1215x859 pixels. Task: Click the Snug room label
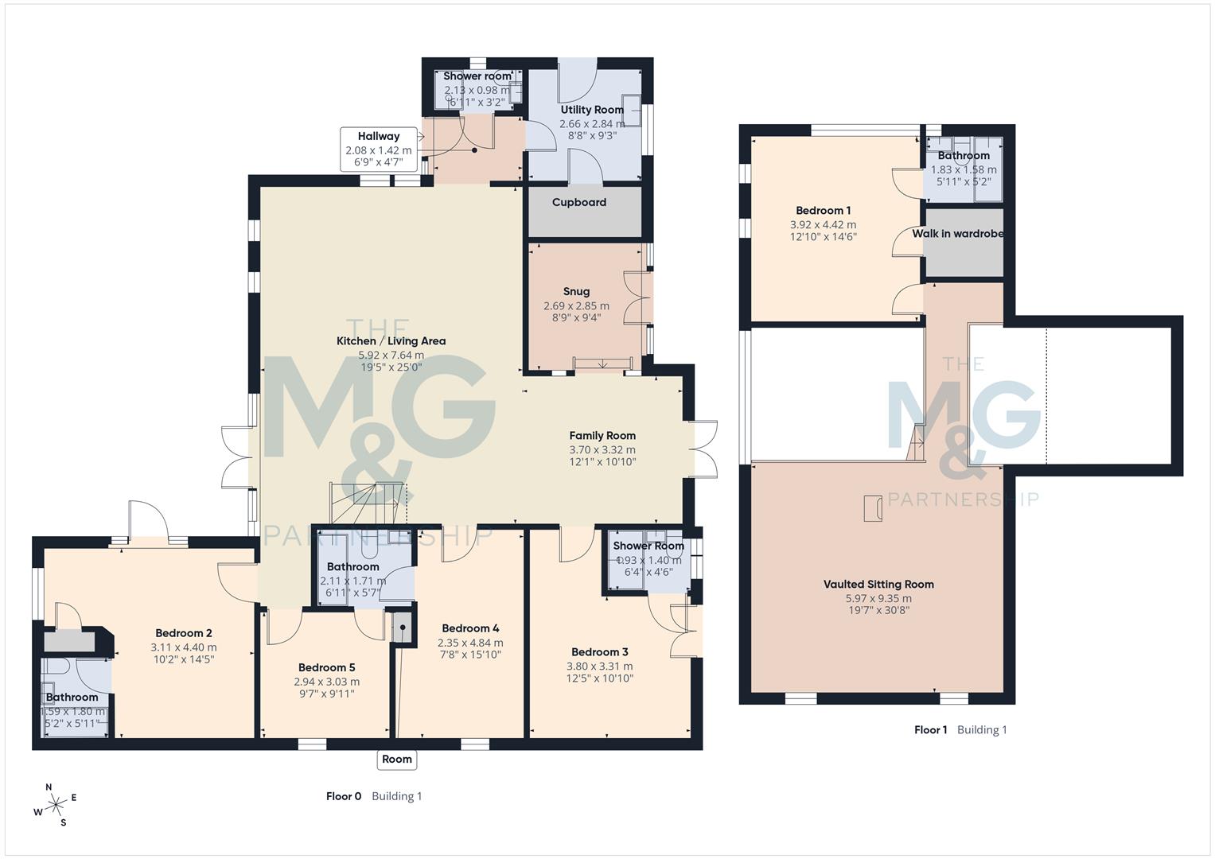576,291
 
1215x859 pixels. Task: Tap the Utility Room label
591,110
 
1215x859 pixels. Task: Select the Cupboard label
578,202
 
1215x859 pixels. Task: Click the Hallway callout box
378,149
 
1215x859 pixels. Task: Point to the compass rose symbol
56,806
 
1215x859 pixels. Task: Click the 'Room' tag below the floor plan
396,759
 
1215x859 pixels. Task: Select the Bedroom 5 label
326,667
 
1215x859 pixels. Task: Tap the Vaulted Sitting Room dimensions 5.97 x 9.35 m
878,598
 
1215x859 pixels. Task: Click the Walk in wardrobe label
957,234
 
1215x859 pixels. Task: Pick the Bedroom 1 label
823,210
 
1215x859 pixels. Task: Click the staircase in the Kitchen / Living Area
368,502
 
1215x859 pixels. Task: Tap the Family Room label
602,435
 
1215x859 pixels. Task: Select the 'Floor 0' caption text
344,796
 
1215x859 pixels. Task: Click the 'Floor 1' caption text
930,729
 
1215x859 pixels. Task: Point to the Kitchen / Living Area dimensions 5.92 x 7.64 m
391,355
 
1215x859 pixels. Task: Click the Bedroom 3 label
599,651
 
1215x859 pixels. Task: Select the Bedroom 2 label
183,633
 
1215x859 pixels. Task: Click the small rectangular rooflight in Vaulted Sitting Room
873,508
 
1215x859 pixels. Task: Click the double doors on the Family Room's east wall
703,449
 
